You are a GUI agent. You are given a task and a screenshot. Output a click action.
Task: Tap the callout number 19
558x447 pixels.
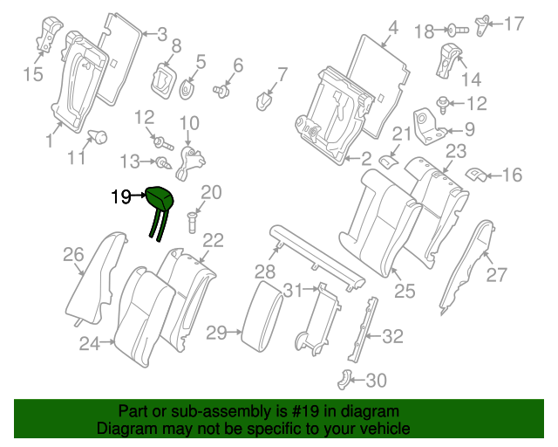point(121,198)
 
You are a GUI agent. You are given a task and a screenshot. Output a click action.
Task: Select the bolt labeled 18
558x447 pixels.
point(459,31)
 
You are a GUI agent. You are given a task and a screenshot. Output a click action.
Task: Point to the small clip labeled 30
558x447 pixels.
point(344,378)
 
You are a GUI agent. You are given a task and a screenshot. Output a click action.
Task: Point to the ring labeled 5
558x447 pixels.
point(188,88)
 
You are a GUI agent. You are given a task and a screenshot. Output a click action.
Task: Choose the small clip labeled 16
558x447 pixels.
point(476,175)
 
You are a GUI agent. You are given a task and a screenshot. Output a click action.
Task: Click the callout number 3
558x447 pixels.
point(161,35)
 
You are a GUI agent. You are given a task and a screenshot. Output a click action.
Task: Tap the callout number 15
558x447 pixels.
point(32,74)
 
